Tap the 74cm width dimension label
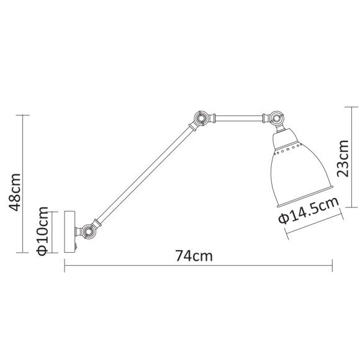click(x=192, y=255)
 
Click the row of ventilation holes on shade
click(x=292, y=149)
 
